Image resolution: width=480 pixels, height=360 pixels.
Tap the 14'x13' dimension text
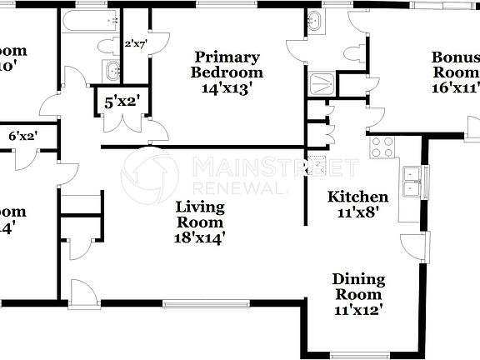(x=226, y=86)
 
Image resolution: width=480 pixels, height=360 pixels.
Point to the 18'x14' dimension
(x=199, y=237)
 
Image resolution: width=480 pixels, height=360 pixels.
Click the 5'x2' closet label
(x=122, y=103)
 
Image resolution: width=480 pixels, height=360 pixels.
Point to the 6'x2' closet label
(x=23, y=136)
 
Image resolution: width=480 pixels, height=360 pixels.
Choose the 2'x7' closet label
(x=135, y=44)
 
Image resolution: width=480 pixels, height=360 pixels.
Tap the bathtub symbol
(x=90, y=22)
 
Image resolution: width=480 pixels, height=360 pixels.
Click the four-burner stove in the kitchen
(x=382, y=147)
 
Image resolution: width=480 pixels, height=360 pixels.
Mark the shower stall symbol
(x=321, y=83)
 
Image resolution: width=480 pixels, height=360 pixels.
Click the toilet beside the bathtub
(x=108, y=45)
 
